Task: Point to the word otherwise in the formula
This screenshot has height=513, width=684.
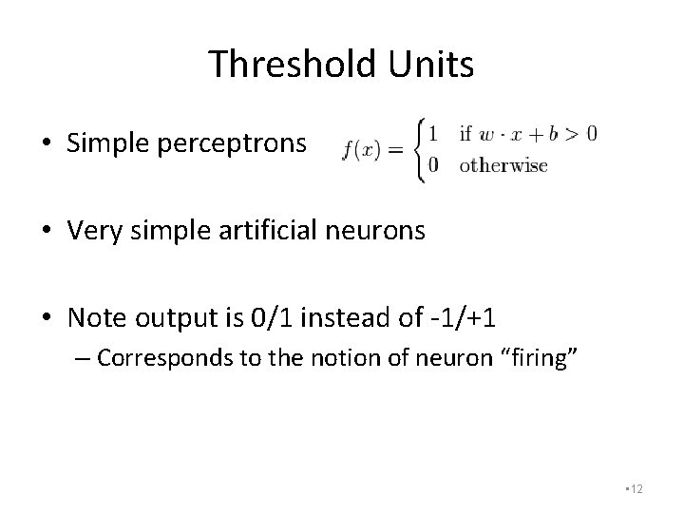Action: click(x=503, y=165)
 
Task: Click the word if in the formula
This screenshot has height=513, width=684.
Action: click(x=465, y=132)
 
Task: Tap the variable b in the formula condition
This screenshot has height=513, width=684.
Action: click(x=550, y=132)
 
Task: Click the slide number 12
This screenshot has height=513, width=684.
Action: click(x=635, y=488)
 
